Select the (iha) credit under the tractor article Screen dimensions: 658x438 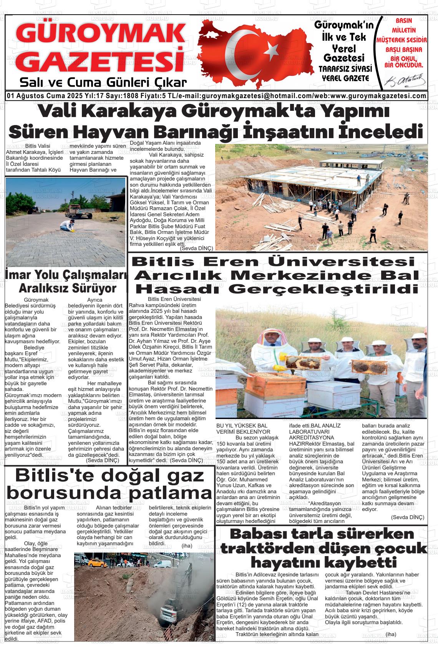(391, 634)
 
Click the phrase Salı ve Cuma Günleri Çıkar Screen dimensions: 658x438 (103, 83)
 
